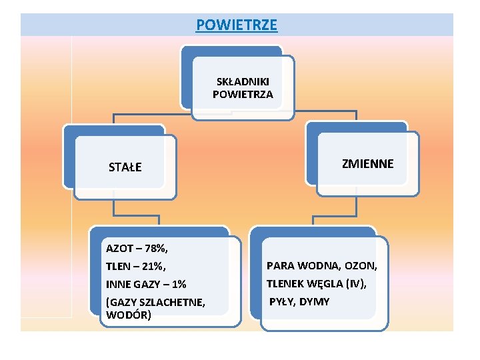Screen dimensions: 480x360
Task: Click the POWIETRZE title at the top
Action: coord(237,25)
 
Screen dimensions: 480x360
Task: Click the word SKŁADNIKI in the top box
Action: coord(243,82)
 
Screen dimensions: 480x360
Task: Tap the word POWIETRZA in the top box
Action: coord(243,95)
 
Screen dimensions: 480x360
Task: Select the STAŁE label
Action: coord(125,167)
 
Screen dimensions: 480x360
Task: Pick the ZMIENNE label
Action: coord(367,163)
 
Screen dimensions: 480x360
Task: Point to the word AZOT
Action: coord(117,249)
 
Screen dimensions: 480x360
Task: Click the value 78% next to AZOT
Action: coord(156,249)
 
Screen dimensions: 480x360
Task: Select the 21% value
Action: coord(153,267)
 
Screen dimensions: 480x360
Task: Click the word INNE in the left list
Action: coord(117,285)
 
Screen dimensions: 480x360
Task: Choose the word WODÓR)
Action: coord(129,314)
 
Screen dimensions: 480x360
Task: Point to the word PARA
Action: coord(279,266)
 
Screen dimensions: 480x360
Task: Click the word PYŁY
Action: coord(282,302)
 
